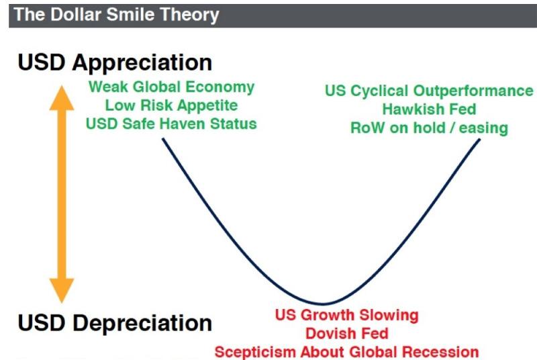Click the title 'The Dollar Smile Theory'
(116, 15)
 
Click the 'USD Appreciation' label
(115, 62)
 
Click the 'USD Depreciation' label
(115, 323)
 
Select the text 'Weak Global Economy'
(172, 87)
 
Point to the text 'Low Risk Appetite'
(172, 105)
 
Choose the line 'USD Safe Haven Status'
(172, 124)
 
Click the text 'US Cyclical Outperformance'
(429, 91)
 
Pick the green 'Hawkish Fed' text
(429, 109)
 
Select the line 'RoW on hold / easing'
(429, 128)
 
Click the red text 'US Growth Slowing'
(346, 316)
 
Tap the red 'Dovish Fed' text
(346, 333)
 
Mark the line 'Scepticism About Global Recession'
(346, 351)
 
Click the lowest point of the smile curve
(323, 304)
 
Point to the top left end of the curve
(164, 139)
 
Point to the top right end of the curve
(480, 139)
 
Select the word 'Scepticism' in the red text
(258, 351)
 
